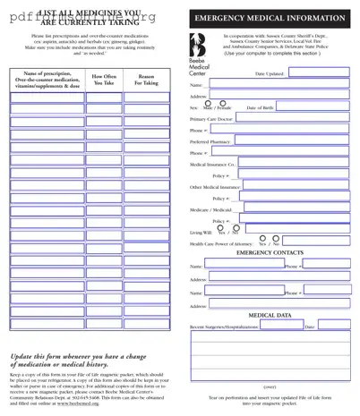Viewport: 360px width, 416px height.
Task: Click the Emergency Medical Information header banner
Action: [270, 18]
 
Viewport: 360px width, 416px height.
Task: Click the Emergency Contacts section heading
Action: [270, 253]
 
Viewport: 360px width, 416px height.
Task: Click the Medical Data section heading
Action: [270, 316]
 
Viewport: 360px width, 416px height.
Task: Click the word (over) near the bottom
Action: [270, 386]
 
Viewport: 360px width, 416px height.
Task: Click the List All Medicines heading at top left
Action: [90, 16]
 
